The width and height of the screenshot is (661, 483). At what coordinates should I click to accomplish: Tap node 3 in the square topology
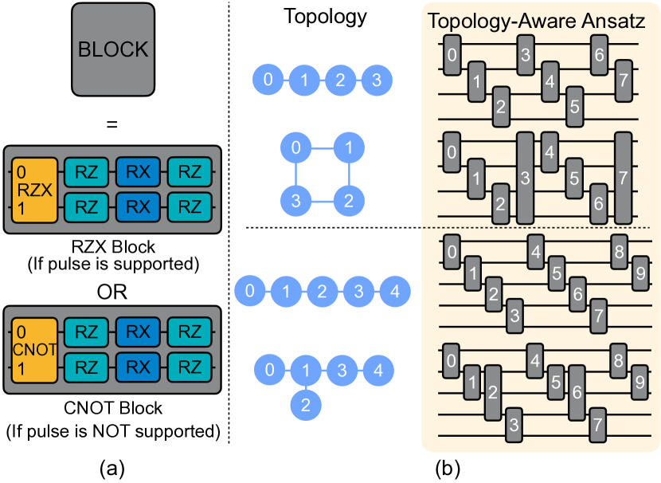click(x=295, y=200)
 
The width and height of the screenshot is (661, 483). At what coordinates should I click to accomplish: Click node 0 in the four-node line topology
click(x=268, y=79)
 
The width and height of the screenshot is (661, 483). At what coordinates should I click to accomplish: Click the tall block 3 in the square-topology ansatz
click(x=525, y=178)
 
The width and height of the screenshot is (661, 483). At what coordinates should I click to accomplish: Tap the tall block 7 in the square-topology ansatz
click(x=623, y=178)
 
